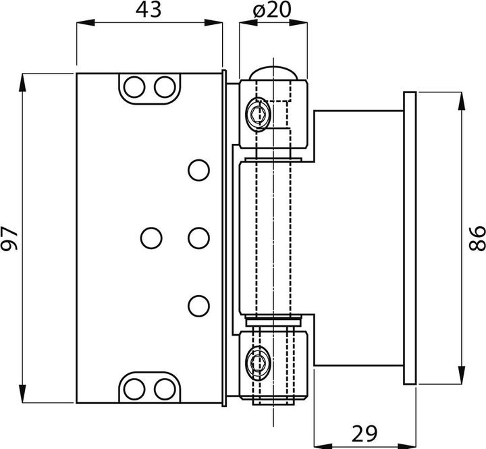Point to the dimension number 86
(x=475, y=237)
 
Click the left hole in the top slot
(x=135, y=86)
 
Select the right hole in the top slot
(x=164, y=86)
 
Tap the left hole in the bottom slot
(x=135, y=388)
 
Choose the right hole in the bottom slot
(x=164, y=388)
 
